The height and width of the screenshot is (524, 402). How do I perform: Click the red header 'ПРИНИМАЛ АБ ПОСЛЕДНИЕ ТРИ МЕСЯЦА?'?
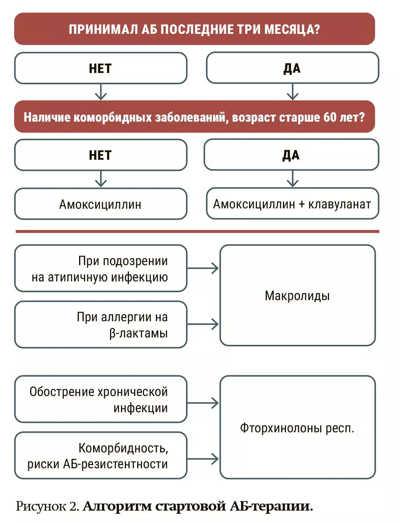click(x=194, y=29)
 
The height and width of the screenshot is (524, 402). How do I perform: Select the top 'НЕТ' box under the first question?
click(x=101, y=68)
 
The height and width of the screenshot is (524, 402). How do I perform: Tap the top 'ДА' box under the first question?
click(x=292, y=68)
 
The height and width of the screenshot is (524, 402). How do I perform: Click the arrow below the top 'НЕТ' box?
click(x=101, y=92)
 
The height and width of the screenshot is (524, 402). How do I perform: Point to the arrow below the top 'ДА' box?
click(x=293, y=92)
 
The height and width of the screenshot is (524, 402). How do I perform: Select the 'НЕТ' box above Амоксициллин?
click(x=101, y=155)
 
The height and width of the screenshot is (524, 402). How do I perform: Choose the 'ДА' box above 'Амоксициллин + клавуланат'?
click(x=291, y=155)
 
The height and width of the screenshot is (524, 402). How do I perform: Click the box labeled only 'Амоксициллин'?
click(x=101, y=204)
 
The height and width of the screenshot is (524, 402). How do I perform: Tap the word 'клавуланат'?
click(x=340, y=204)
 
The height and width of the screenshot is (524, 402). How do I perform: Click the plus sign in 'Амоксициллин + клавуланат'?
click(x=301, y=204)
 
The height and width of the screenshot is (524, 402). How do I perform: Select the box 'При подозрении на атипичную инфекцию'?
click(x=101, y=268)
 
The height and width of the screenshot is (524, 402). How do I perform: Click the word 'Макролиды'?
click(x=297, y=295)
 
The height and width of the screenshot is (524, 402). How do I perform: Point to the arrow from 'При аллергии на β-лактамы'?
click(x=203, y=324)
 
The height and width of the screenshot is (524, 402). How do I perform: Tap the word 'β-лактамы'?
click(x=138, y=333)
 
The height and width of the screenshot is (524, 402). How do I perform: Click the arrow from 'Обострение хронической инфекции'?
click(x=203, y=403)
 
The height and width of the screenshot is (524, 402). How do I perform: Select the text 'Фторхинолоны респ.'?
click(x=297, y=428)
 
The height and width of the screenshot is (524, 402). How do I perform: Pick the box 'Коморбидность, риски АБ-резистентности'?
click(x=101, y=456)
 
